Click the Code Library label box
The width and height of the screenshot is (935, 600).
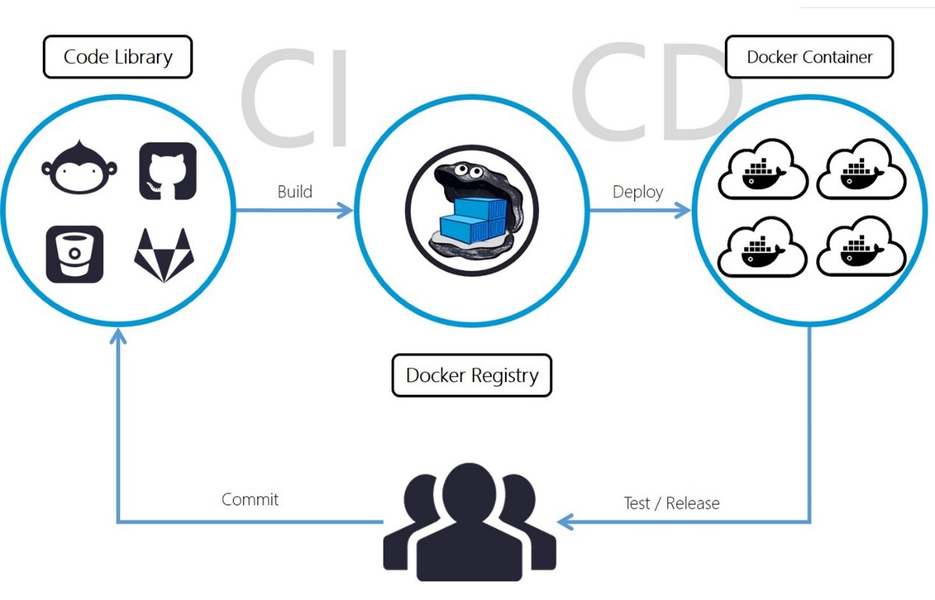click(x=118, y=57)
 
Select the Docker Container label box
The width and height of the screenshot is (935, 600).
click(x=810, y=57)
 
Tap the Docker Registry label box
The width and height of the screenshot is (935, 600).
click(x=472, y=375)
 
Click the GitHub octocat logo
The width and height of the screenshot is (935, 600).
click(x=168, y=171)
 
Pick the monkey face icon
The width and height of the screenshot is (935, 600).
click(x=80, y=168)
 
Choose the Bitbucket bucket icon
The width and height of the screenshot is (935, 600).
click(x=74, y=254)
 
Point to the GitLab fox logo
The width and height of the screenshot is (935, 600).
click(x=164, y=255)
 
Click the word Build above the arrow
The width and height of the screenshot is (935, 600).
click(x=295, y=192)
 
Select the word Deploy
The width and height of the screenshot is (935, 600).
click(x=638, y=192)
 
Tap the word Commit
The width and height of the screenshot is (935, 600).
click(x=250, y=499)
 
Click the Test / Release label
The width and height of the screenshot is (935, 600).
click(x=672, y=503)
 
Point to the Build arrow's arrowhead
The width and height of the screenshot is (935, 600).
click(x=346, y=210)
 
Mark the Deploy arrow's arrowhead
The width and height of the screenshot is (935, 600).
click(x=683, y=210)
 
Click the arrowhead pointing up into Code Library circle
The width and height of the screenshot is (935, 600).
click(x=118, y=335)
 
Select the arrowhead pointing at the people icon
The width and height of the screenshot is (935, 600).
click(x=565, y=522)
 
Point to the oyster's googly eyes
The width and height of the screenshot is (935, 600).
click(x=468, y=170)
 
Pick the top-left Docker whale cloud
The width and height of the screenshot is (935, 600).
click(x=762, y=169)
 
